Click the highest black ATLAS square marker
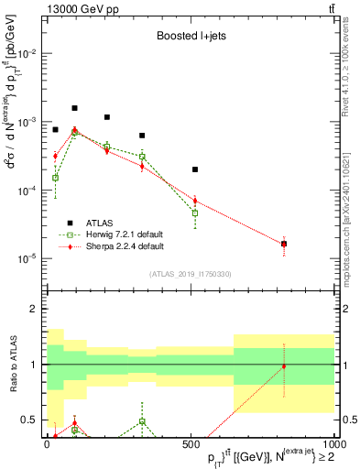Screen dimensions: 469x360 pyautogui.click(x=75, y=108)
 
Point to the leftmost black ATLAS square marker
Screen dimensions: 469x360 pyautogui.click(x=55, y=130)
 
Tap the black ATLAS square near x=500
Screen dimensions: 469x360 pyautogui.click(x=195, y=169)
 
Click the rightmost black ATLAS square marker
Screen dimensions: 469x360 pyautogui.click(x=284, y=244)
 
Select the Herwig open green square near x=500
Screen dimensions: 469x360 pyautogui.click(x=195, y=213)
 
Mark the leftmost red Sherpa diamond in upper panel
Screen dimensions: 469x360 pyautogui.click(x=55, y=157)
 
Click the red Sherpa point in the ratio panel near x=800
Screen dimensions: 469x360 pyautogui.click(x=284, y=366)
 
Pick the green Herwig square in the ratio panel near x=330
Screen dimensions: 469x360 pyautogui.click(x=142, y=421)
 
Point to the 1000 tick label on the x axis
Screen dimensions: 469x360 pyautogui.click(x=333, y=443)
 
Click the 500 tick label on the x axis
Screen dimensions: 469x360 pyautogui.click(x=191, y=443)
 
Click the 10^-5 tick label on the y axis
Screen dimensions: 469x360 pyautogui.click(x=26, y=258)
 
